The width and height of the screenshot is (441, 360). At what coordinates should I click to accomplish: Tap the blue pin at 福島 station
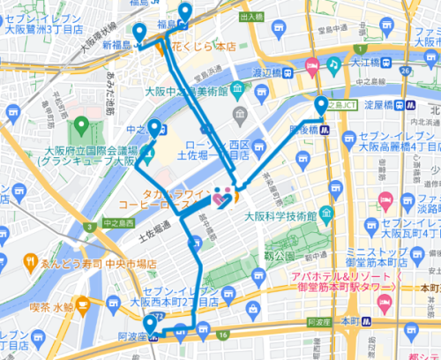tap(185, 11)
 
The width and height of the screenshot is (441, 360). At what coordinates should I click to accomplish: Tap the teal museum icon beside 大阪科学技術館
tap(327, 213)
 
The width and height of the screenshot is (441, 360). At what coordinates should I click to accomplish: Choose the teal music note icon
tap(333, 64)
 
